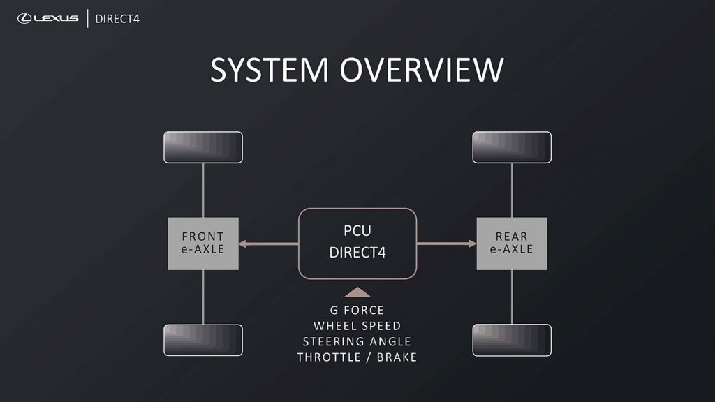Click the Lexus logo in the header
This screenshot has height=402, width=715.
pos(48,18)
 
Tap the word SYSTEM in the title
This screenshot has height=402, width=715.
pos(270,70)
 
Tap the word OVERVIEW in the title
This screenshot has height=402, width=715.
pos(422,70)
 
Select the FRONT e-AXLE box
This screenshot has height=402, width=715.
pos(203,244)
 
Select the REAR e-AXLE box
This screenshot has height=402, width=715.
pos(512,244)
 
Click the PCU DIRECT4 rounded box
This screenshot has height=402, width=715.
pos(357,244)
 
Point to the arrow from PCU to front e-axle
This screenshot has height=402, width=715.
pos(269,244)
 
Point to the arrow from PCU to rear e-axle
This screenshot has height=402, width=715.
pos(446,244)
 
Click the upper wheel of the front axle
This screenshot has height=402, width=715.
pos(203,147)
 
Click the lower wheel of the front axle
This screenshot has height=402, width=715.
pos(203,340)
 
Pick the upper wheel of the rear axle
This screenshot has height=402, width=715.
pos(512,147)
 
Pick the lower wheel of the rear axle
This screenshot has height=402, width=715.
pos(512,340)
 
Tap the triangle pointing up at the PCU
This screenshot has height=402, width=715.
pos(357,292)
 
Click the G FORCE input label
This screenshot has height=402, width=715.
pos(357,310)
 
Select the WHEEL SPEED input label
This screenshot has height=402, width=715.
pos(357,326)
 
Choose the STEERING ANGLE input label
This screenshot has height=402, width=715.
pos(357,342)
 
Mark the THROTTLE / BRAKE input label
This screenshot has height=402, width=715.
pos(357,357)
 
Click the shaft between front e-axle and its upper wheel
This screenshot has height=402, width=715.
pos(203,190)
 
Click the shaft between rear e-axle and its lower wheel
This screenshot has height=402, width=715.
pos(512,297)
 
